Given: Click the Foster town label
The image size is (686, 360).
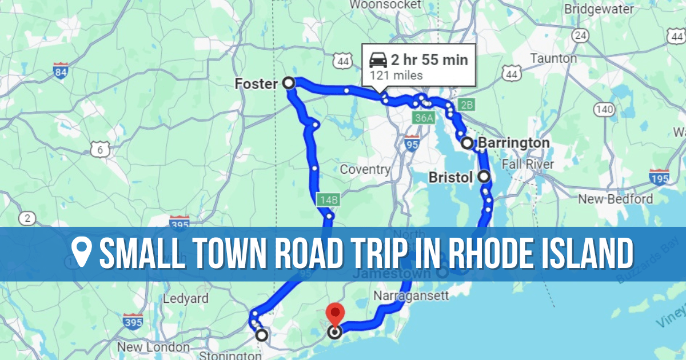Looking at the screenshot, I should click(256, 84).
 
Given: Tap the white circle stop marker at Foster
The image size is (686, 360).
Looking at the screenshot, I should click(289, 83).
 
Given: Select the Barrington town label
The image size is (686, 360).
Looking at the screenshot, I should click(513, 143).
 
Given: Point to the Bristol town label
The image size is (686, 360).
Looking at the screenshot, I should click(451, 178).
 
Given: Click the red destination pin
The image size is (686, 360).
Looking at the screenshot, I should click(334, 315).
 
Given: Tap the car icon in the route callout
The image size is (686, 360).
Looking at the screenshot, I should click(378, 59).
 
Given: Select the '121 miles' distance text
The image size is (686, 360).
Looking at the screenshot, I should click(396, 75).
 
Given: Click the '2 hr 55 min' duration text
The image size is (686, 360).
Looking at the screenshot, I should click(429, 59).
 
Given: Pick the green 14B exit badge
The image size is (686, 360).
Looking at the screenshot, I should click(329, 200).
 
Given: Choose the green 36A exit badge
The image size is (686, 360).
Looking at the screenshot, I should click(424, 118).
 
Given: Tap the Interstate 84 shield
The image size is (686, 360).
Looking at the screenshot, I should click(60, 71).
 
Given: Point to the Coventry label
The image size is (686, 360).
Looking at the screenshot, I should click(365, 170).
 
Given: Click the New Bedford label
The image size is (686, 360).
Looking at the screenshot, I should click(615, 199).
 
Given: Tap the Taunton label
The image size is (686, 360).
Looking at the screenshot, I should click(553, 58).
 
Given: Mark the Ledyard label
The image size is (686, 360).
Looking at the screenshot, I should click(185, 299).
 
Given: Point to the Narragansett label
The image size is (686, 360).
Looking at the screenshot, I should click(411, 296).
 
